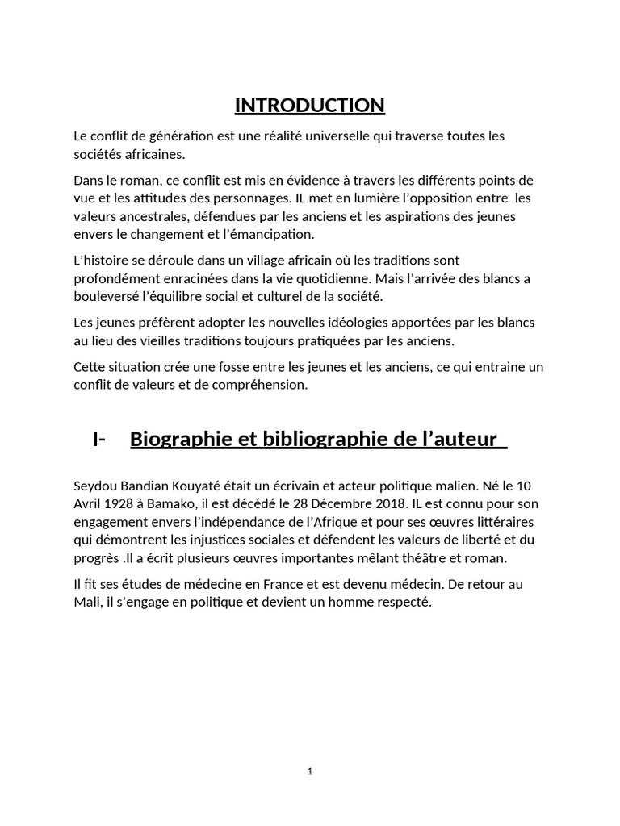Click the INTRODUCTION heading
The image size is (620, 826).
point(310,105)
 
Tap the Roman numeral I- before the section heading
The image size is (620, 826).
point(100,439)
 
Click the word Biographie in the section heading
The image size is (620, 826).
point(180,439)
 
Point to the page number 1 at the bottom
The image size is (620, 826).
point(310,771)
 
